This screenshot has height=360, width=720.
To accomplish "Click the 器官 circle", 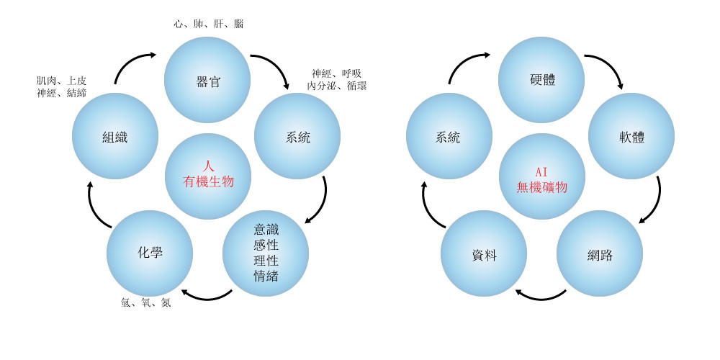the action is tap(207, 80).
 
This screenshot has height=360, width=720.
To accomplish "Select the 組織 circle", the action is tap(115, 136).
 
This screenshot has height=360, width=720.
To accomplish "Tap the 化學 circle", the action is tap(150, 253).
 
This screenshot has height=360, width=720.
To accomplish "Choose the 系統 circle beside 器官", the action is tap(297, 136).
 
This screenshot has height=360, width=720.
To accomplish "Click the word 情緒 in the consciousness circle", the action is tap(266, 276).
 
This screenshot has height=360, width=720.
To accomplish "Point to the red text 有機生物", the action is tap(208, 182).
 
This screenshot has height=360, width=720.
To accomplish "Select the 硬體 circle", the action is tap(541, 80).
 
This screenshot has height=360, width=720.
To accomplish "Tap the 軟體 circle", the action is tap(631, 136).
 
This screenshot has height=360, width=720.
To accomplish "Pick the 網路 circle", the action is tap(600, 254).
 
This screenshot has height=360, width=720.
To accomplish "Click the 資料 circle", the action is tap(484, 254).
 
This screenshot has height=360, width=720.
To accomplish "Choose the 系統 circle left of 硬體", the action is tap(449, 136).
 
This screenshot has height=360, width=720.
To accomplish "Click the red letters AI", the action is tap(541, 171).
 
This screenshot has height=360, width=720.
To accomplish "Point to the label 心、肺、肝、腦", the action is tap(208, 24).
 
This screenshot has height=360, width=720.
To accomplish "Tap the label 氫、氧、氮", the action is tap(145, 303).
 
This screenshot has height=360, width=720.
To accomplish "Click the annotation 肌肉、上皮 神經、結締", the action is tap(62, 86).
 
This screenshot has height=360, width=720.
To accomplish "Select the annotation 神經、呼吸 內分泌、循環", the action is tap(336, 79).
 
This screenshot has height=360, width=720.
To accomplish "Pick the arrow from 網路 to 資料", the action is tap(541, 295).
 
